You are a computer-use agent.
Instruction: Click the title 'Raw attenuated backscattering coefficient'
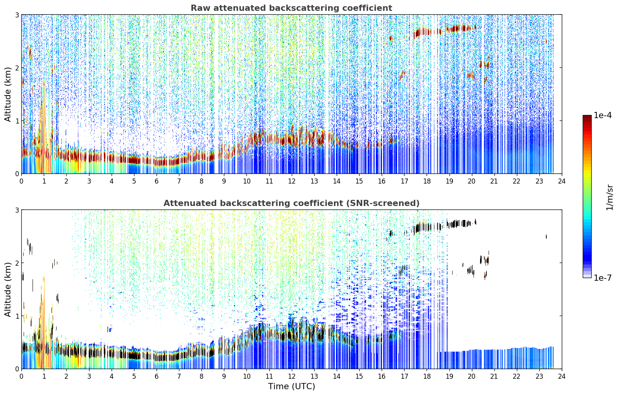point(291,8)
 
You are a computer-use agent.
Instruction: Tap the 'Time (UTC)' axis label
point(291,386)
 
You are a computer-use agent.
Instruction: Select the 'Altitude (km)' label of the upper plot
point(8,94)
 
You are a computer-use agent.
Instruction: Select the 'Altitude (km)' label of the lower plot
point(8,289)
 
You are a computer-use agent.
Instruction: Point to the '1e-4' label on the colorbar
point(603,115)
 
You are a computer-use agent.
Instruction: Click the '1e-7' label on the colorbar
point(603,278)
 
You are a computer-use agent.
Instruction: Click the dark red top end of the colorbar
point(587,117)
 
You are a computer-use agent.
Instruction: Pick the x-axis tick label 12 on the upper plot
point(291,181)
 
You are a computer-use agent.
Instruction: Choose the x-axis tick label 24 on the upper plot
point(562,181)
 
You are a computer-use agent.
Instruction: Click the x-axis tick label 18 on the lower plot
point(427,376)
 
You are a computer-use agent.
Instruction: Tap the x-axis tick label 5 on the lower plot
point(134,376)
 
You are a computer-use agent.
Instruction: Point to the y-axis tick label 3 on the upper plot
point(17,15)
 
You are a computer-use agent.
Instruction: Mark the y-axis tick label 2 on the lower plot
point(17,263)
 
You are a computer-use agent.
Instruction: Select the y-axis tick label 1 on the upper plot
point(17,121)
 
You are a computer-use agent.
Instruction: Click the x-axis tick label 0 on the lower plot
point(22,376)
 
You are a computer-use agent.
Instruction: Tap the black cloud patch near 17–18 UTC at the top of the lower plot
point(422,228)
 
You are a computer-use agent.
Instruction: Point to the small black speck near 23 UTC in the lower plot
point(546,236)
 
